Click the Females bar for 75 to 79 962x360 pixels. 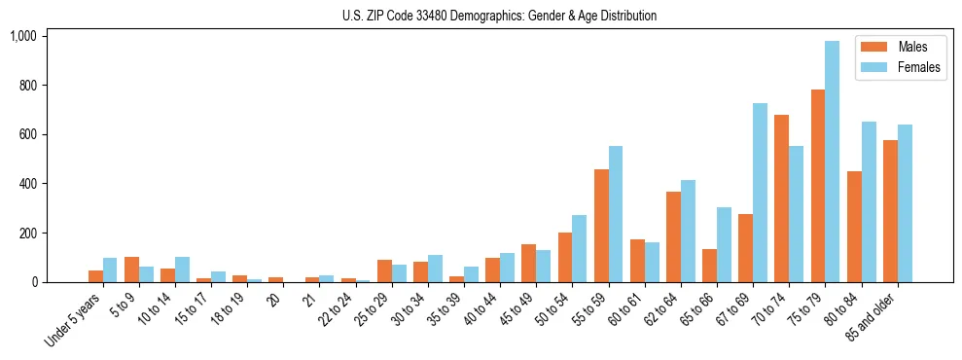click(832, 162)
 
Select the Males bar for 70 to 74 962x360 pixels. click(781, 198)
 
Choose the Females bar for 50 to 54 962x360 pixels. click(579, 248)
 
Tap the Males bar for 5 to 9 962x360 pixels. click(131, 270)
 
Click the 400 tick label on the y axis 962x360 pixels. click(26, 184)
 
